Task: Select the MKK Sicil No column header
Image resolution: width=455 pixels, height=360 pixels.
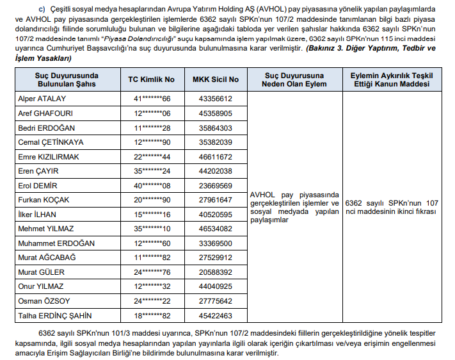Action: click(x=216, y=79)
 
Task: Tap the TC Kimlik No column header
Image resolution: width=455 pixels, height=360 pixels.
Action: click(x=151, y=79)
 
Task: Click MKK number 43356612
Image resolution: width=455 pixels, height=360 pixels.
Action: click(x=216, y=99)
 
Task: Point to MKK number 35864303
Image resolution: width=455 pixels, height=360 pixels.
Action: click(x=216, y=127)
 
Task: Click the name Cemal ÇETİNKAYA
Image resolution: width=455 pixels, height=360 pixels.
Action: click(x=50, y=142)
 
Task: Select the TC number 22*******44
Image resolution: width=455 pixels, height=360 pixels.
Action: click(x=151, y=156)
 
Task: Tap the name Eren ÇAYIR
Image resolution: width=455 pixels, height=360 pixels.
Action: click(x=39, y=171)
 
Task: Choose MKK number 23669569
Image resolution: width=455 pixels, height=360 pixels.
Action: click(x=216, y=186)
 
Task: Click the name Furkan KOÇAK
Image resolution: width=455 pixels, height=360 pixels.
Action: click(x=44, y=200)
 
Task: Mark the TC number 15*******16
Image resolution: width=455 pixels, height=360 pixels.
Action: click(x=151, y=215)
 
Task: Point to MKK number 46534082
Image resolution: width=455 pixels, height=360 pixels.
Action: click(x=216, y=229)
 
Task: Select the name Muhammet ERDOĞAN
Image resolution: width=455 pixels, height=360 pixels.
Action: click(x=56, y=243)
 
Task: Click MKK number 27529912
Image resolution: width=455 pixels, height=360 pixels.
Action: click(x=216, y=258)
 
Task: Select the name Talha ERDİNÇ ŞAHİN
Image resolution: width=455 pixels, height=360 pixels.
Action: click(x=56, y=316)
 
